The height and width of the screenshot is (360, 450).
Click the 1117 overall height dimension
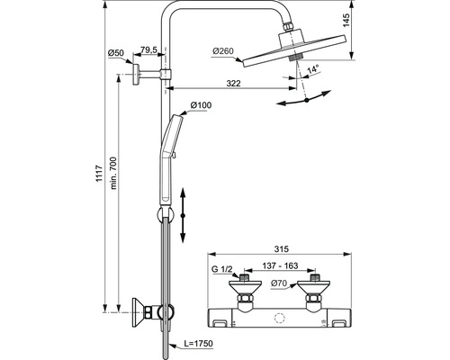pyautogui.click(x=99, y=174)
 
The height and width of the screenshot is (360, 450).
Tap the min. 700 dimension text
pyautogui.click(x=113, y=173)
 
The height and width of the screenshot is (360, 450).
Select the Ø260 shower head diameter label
pyautogui.click(x=223, y=51)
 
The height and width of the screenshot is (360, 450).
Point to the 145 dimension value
pyautogui.click(x=346, y=20)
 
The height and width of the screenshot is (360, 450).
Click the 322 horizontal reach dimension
pyautogui.click(x=233, y=83)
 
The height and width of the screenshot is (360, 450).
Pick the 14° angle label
pyautogui.click(x=312, y=69)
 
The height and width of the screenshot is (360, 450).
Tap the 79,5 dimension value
pyautogui.click(x=148, y=50)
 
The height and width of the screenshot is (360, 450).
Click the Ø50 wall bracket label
pyautogui.click(x=116, y=53)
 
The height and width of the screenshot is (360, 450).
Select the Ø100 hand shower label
pyautogui.click(x=201, y=105)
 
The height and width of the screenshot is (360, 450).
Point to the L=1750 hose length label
pyautogui.click(x=197, y=343)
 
